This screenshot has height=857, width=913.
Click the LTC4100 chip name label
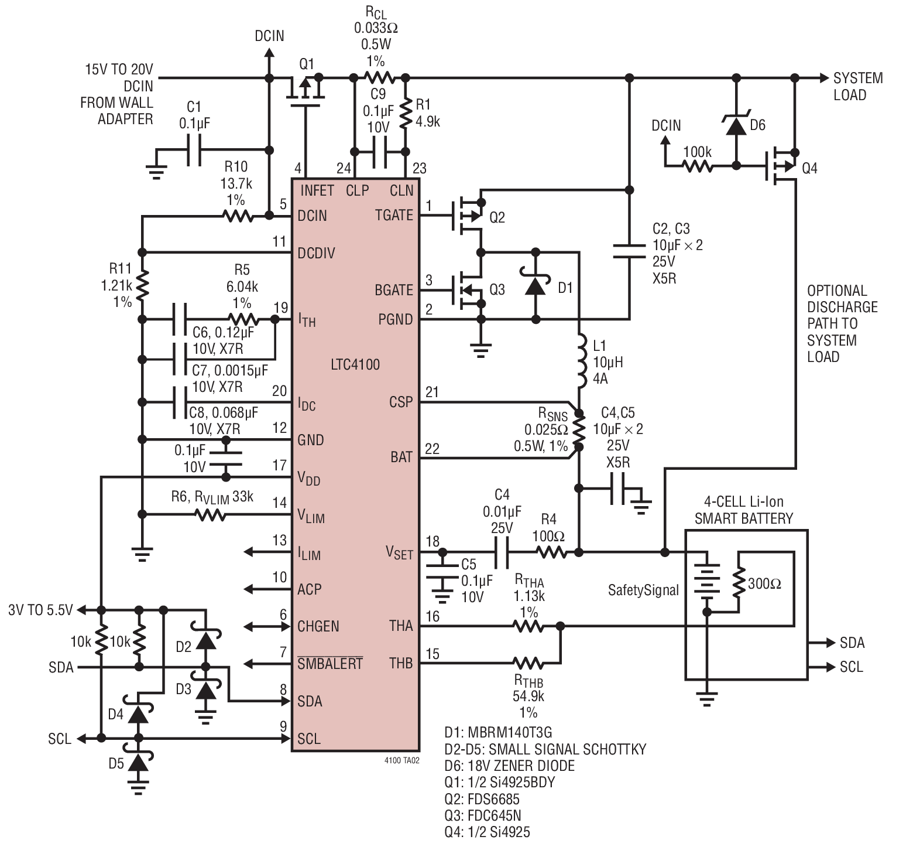355,364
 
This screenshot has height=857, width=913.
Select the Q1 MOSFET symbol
306,93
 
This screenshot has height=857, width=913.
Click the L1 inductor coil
582,361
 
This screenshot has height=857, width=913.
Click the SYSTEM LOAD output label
858,86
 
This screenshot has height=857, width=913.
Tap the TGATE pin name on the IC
394,216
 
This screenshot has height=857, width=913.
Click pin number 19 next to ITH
281,308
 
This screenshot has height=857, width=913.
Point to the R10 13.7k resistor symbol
238,216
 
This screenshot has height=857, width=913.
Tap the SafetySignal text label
643,590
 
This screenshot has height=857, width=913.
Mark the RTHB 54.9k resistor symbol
528,663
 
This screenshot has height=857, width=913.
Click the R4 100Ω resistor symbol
550,552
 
